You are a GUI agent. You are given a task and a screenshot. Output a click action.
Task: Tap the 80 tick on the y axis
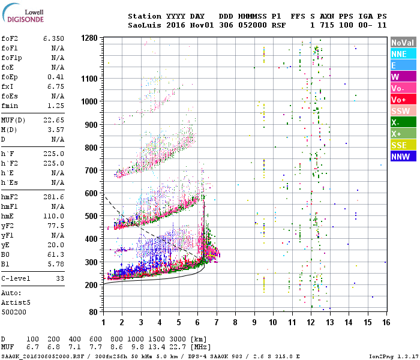pos(94,311)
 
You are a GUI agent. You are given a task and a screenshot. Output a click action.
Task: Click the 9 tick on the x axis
pos(254,322)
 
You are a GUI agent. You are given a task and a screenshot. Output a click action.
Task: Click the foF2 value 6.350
pos(53,38)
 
